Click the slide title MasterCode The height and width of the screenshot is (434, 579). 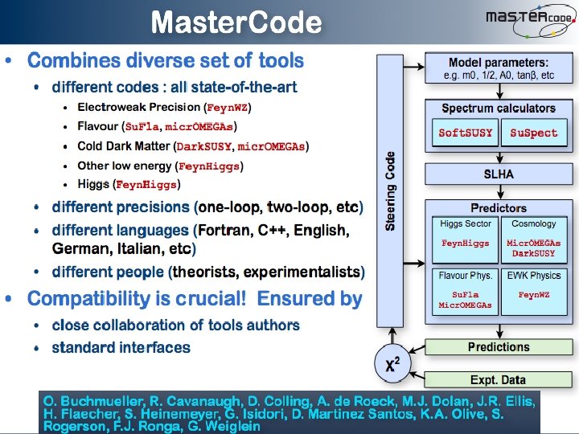236,22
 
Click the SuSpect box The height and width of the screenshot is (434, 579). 533,133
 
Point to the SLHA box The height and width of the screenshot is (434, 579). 499,174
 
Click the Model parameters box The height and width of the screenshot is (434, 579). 499,68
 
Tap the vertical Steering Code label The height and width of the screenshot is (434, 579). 391,191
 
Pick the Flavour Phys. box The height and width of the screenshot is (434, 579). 466,290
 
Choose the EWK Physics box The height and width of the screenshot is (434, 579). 533,290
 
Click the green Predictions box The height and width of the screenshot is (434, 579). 499,347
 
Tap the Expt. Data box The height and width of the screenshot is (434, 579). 499,379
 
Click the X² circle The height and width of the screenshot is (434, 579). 393,365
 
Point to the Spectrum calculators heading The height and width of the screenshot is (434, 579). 499,108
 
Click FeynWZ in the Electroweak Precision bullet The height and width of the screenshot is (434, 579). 228,107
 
